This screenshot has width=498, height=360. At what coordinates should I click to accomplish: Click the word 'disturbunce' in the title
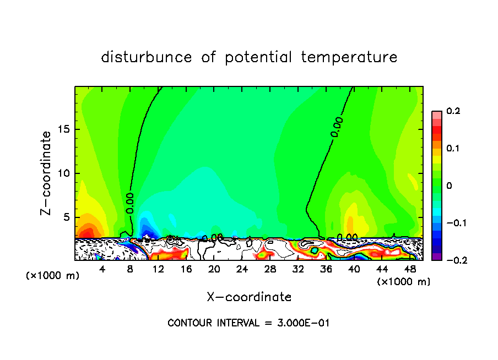point(147,57)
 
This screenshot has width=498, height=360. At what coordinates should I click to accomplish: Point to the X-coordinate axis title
point(249,297)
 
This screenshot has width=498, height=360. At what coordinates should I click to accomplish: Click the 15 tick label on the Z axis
point(64,130)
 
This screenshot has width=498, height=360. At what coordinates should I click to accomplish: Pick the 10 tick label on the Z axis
point(64,173)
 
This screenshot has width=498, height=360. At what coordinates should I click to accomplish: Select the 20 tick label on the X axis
point(214,269)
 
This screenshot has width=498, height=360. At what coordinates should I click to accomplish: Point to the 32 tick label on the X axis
point(298,269)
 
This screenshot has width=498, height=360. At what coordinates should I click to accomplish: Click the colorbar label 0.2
point(453,111)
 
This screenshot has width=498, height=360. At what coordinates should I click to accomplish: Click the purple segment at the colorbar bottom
point(437,256)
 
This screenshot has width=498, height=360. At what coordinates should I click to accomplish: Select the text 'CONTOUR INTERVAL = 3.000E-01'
point(248,323)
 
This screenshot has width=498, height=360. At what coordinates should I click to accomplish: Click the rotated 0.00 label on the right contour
point(338,127)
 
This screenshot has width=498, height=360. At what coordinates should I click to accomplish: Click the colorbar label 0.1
point(453,149)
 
